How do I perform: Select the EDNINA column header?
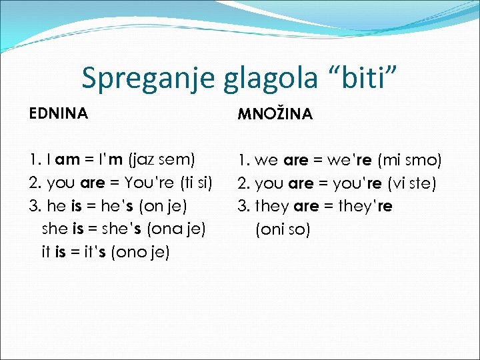pyautogui.click(x=59, y=114)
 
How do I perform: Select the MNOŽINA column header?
pyautogui.click(x=275, y=115)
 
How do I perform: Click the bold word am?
pyautogui.click(x=68, y=159)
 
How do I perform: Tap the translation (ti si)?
pyautogui.click(x=193, y=183)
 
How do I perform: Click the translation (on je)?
pyautogui.click(x=164, y=206)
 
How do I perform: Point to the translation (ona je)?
pyautogui.click(x=178, y=229)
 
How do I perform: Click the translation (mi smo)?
pyautogui.click(x=409, y=160)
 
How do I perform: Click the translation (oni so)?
pyautogui.click(x=283, y=230)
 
